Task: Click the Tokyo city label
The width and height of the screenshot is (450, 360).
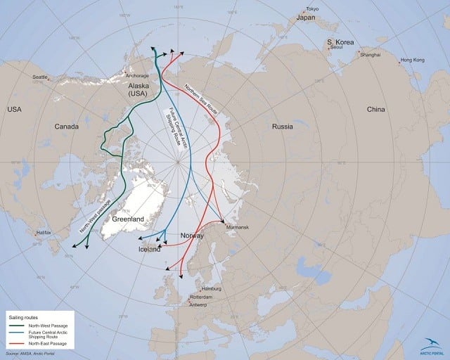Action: click(x=312, y=8)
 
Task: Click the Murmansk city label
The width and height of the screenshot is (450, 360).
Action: click(x=238, y=228)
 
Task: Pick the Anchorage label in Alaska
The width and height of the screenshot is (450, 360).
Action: click(x=137, y=75)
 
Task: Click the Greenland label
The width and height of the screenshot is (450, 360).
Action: click(x=127, y=220)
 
